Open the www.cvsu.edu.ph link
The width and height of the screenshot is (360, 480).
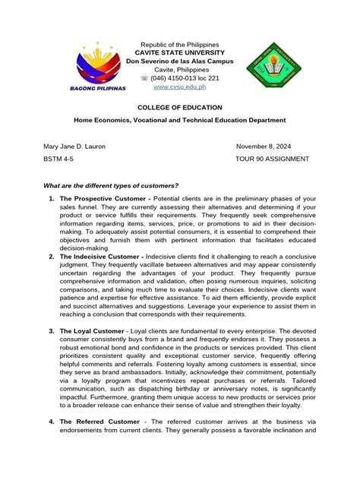[x=179, y=89]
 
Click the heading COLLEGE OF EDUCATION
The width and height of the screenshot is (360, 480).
[x=180, y=108]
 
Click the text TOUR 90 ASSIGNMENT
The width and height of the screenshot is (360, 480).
[x=273, y=159]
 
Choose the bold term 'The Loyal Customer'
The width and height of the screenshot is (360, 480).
[x=90, y=332]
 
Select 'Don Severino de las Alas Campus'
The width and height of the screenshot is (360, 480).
[x=180, y=60]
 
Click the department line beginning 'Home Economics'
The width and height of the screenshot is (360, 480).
[x=179, y=121]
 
